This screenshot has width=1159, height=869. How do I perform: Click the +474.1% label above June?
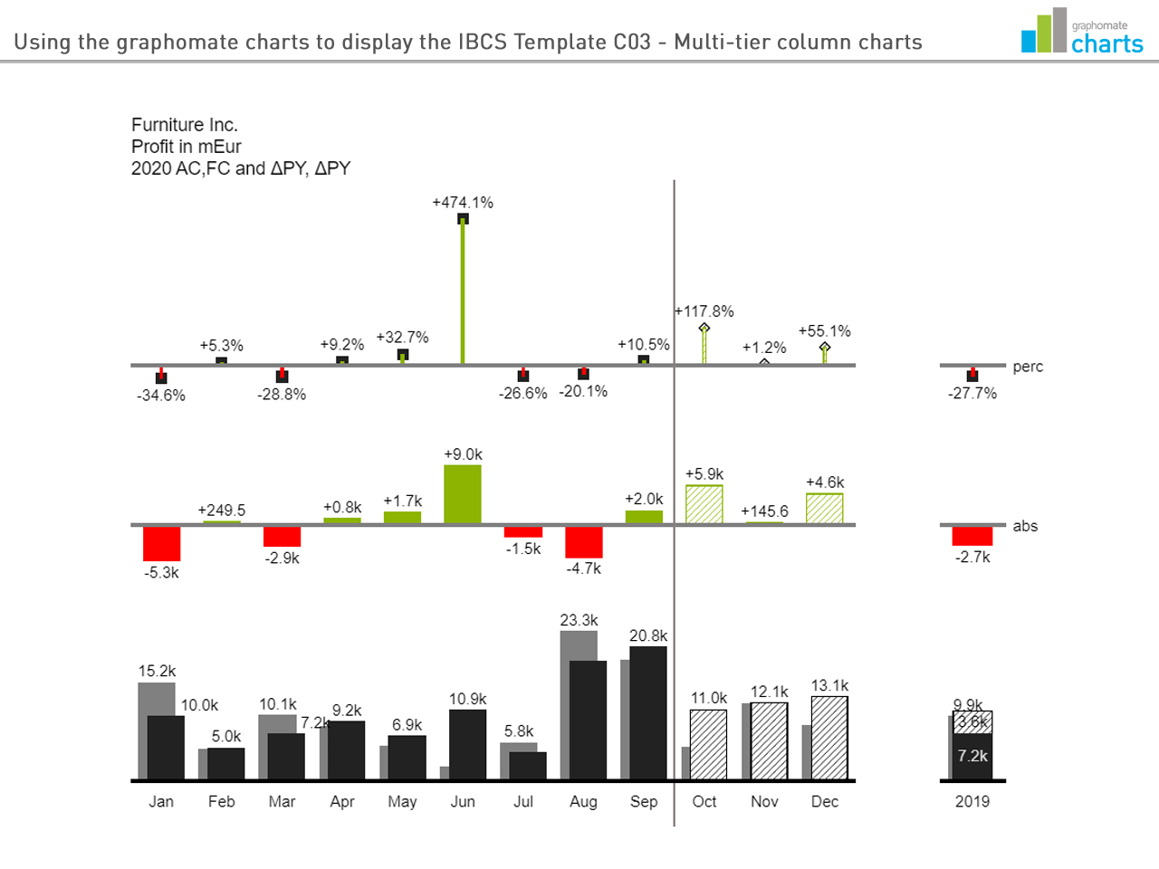pyautogui.click(x=463, y=203)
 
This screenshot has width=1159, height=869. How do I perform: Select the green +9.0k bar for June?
pyautogui.click(x=463, y=494)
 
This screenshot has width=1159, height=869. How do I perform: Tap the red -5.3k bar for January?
pyautogui.click(x=161, y=543)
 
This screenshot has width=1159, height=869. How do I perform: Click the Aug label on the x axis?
pyautogui.click(x=583, y=801)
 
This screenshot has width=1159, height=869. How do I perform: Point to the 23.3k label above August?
pyautogui.click(x=579, y=620)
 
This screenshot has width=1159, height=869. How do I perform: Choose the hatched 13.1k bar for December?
pyautogui.click(x=829, y=738)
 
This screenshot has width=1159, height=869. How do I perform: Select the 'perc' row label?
pyautogui.click(x=1028, y=367)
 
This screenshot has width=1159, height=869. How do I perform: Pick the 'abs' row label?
pyautogui.click(x=1025, y=526)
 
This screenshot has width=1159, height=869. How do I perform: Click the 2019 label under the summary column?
pyautogui.click(x=972, y=801)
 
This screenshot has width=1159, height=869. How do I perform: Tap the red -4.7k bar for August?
pyautogui.click(x=584, y=542)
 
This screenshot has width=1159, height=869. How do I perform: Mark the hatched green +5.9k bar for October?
pyautogui.click(x=704, y=504)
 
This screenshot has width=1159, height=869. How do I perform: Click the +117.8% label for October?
pyautogui.click(x=704, y=311)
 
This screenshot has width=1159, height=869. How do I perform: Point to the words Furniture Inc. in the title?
pyautogui.click(x=185, y=125)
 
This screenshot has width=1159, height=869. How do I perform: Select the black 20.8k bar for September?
pyautogui.click(x=648, y=712)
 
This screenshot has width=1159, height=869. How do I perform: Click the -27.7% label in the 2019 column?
pyautogui.click(x=972, y=394)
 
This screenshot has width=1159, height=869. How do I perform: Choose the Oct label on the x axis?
pyautogui.click(x=704, y=801)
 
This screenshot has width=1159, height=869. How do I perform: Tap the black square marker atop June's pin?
pyautogui.click(x=463, y=218)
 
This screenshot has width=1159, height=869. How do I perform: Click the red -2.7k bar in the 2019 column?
pyautogui.click(x=972, y=536)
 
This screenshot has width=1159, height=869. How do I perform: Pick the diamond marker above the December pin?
pyautogui.click(x=825, y=347)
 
